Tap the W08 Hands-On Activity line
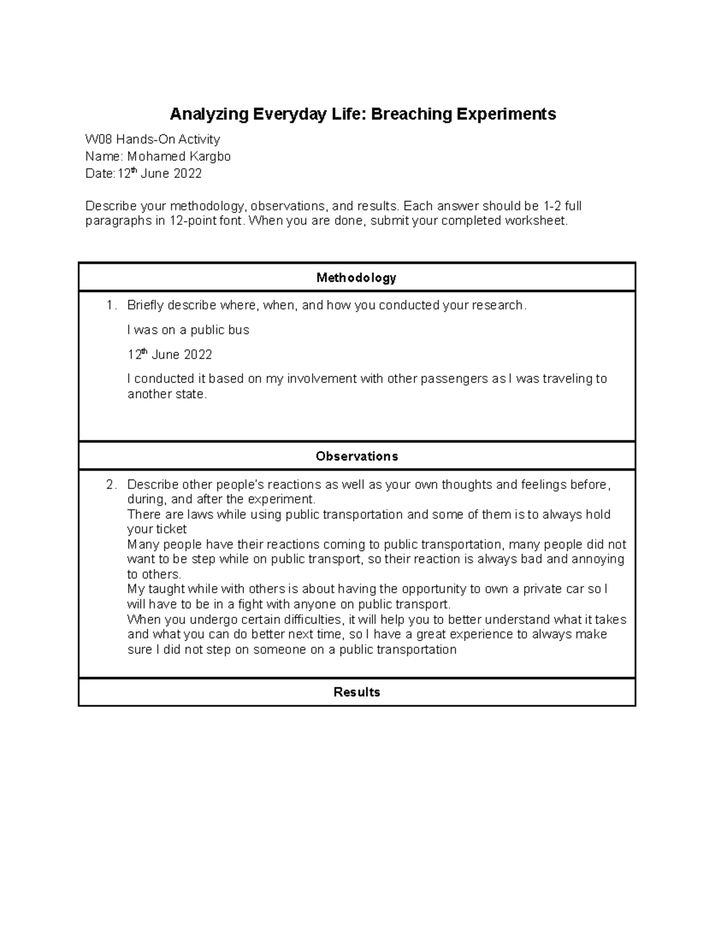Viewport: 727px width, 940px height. click(x=152, y=140)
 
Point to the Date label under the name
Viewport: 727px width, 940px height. click(x=99, y=174)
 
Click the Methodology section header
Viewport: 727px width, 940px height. click(x=356, y=278)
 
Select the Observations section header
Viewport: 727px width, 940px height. click(x=356, y=456)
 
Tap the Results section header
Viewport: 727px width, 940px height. click(x=356, y=692)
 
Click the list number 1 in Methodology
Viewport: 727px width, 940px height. click(x=110, y=306)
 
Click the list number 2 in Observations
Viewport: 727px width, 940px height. click(x=110, y=485)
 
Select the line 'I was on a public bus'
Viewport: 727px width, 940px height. click(x=188, y=330)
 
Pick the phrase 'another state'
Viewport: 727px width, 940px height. click(x=167, y=395)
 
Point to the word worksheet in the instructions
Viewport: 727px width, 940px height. click(x=537, y=221)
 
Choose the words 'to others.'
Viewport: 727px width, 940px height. click(x=154, y=574)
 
